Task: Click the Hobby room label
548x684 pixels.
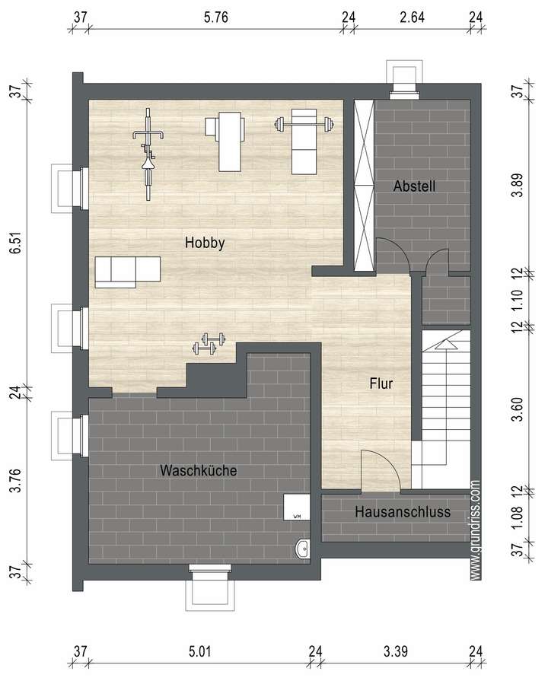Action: pyautogui.click(x=205, y=243)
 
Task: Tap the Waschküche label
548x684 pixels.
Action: pyautogui.click(x=198, y=471)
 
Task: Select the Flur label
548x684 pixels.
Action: pyautogui.click(x=381, y=384)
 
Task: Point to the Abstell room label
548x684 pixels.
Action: pyautogui.click(x=414, y=186)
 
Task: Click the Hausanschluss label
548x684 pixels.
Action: pyautogui.click(x=403, y=513)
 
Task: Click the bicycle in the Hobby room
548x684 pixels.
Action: pyautogui.click(x=148, y=153)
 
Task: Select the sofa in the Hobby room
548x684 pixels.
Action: pyautogui.click(x=128, y=272)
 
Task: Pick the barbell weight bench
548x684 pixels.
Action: pyautogui.click(x=304, y=142)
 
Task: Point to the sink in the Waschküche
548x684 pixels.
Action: pyautogui.click(x=302, y=546)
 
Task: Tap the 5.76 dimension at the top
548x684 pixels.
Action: pyautogui.click(x=216, y=16)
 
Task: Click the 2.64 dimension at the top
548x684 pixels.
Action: pyautogui.click(x=412, y=16)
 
